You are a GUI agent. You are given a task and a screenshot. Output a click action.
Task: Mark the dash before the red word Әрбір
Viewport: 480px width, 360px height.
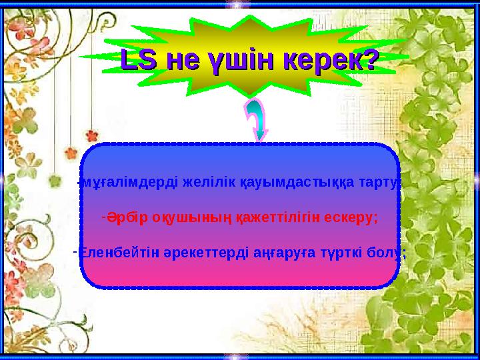coord(103,217)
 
